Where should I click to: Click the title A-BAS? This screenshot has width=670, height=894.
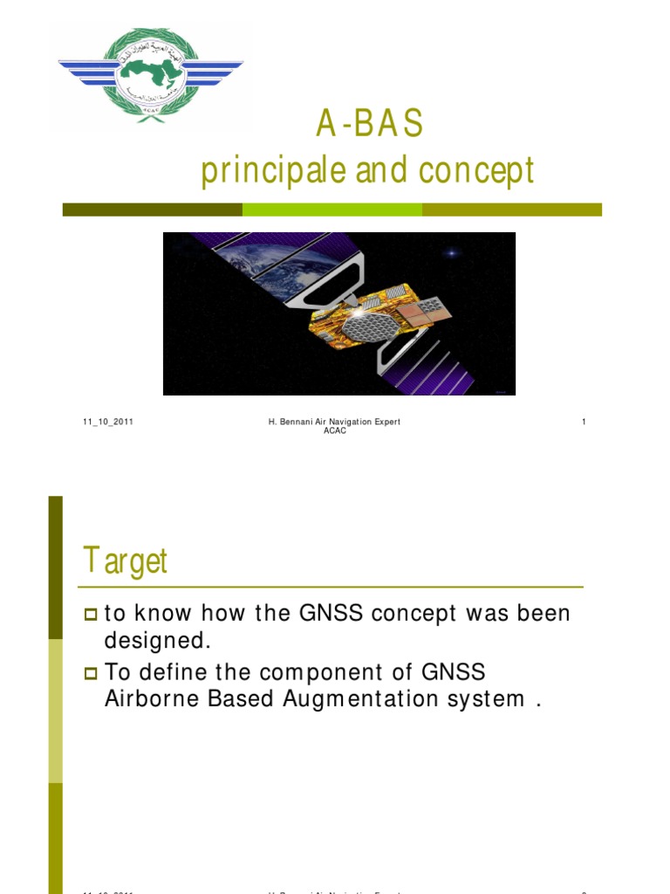pyautogui.click(x=369, y=126)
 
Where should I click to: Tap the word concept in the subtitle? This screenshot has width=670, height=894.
pyautogui.click(x=476, y=172)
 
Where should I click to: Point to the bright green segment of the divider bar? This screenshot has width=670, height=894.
pyautogui.click(x=332, y=210)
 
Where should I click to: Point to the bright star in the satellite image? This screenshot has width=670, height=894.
pyautogui.click(x=452, y=253)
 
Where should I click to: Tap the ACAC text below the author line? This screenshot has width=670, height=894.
pyautogui.click(x=334, y=431)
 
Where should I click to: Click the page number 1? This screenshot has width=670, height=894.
pyautogui.click(x=584, y=423)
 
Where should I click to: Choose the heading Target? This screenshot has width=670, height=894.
pyautogui.click(x=125, y=560)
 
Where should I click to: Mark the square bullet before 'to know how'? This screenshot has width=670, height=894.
pyautogui.click(x=91, y=615)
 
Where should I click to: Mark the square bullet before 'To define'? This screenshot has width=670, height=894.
pyautogui.click(x=91, y=673)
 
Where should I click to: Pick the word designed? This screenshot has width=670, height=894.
pyautogui.click(x=158, y=640)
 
